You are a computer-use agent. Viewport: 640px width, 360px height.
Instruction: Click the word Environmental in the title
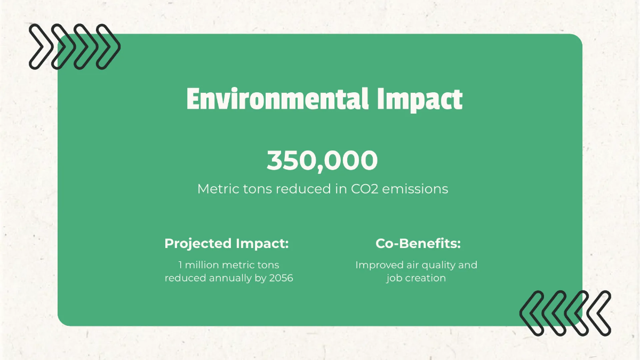(277, 100)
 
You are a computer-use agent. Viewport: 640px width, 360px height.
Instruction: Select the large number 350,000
(322, 161)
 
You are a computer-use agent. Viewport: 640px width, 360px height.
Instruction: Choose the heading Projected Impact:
(227, 244)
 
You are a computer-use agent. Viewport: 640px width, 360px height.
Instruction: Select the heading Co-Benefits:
(418, 244)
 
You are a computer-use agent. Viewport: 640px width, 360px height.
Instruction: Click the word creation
(426, 278)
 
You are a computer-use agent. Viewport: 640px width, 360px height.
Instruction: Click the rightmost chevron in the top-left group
(108, 47)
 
